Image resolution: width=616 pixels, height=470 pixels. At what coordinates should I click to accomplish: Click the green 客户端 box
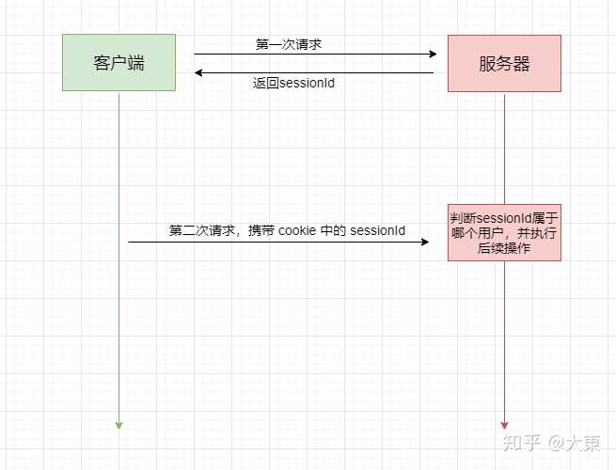pos(118,63)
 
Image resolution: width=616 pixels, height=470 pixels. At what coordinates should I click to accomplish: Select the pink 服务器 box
pos(504,63)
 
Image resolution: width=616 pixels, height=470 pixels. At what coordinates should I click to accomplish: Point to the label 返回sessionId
pos(294,83)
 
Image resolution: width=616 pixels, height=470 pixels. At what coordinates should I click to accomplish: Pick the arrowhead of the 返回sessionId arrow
pos(199,72)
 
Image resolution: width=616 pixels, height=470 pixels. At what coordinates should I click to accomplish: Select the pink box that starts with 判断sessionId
pos(504,230)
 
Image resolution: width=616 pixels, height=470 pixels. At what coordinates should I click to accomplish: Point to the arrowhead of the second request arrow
pos(424,243)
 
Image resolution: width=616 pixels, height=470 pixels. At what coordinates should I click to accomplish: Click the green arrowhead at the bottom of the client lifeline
pos(118,425)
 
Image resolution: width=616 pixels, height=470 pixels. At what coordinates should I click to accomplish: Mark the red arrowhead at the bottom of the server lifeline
pos(504,425)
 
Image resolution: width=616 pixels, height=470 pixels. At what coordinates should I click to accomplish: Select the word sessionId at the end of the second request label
pos(378,230)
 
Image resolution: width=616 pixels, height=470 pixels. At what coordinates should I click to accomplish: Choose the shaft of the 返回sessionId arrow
pos(320,72)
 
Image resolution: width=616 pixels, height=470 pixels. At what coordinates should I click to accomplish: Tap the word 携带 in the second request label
pos(261,230)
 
